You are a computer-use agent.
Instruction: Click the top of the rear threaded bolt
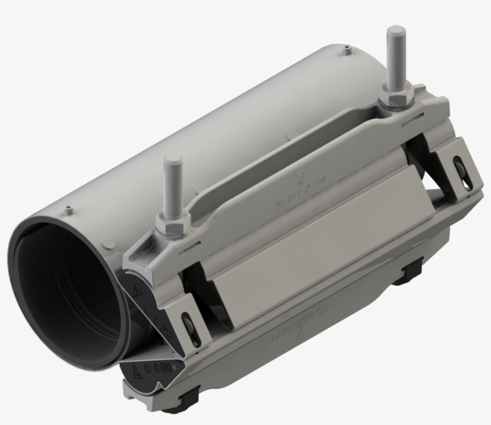[395, 30]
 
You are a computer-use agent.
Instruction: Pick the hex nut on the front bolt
[173, 223]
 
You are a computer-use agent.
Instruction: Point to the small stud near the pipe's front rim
[71, 209]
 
